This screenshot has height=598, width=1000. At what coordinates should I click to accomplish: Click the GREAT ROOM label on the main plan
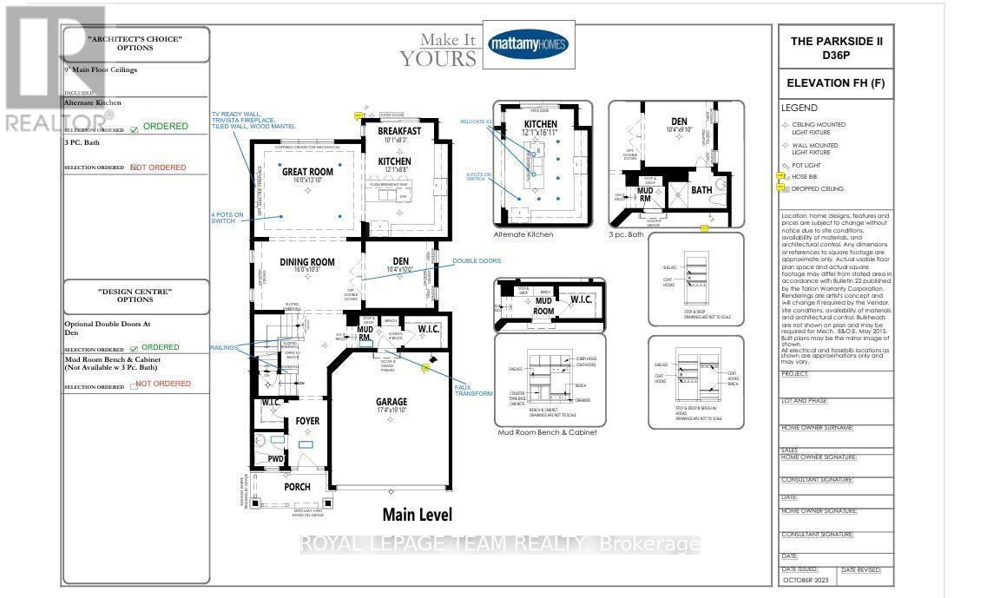tap(307, 172)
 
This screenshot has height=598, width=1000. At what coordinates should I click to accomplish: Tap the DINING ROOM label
tap(306, 261)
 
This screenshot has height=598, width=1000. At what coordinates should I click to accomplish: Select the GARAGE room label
tap(391, 402)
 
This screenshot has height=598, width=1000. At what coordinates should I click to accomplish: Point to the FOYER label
tap(307, 421)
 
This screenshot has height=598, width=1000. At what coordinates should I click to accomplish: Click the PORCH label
tap(297, 487)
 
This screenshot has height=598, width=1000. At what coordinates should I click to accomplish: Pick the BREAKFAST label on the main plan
tap(399, 131)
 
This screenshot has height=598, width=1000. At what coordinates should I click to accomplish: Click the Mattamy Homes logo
tap(529, 44)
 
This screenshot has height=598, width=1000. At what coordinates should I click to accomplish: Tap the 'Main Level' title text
tap(417, 515)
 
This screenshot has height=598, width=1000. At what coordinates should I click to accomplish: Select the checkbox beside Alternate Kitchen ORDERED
tap(134, 130)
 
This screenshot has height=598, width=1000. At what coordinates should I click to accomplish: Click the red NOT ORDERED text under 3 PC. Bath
tap(158, 168)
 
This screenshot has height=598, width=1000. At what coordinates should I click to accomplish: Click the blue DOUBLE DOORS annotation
tap(476, 260)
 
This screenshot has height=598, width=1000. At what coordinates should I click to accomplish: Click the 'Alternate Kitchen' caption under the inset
tap(524, 234)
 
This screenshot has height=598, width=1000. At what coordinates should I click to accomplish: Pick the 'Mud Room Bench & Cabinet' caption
tap(547, 432)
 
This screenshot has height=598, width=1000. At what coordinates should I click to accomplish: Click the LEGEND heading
tap(799, 108)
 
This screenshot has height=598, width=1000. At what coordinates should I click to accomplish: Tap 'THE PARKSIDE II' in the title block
tap(836, 42)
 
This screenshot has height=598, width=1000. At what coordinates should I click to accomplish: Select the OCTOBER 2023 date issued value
tap(807, 579)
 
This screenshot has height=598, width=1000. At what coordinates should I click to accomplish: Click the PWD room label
tap(274, 458)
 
